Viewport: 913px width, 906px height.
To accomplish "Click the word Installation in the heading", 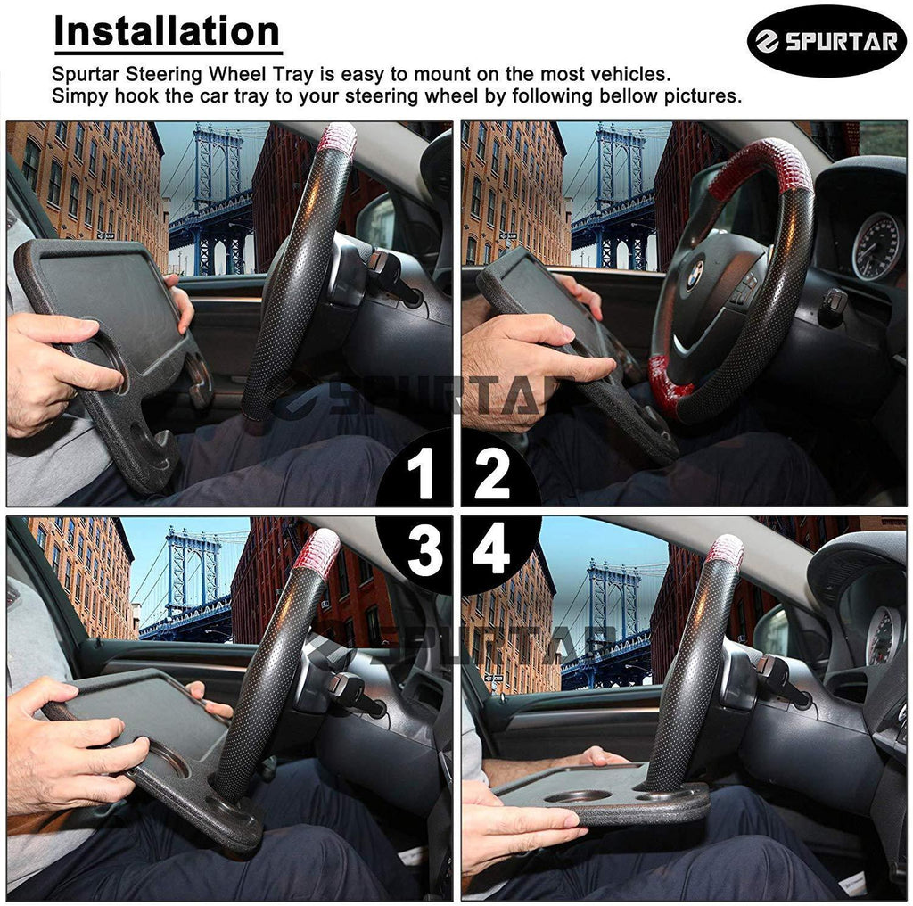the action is click(167, 31).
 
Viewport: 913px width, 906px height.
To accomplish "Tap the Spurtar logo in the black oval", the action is click(827, 40).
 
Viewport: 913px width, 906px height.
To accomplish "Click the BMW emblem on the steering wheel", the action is click(695, 275).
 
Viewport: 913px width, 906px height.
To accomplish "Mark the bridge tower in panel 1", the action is click(218, 198).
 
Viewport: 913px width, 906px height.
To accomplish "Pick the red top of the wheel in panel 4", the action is click(726, 553).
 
